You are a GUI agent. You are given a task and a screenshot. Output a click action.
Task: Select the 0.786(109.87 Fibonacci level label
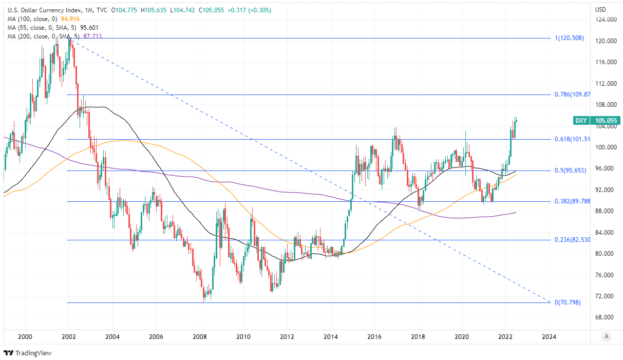point(569,94)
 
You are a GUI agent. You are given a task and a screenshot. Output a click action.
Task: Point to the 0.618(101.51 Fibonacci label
point(569,139)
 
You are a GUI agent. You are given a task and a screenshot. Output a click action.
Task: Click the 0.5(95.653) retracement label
point(571,170)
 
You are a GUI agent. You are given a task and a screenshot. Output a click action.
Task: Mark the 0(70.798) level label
point(568,302)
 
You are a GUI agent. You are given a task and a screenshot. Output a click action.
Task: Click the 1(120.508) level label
point(569,38)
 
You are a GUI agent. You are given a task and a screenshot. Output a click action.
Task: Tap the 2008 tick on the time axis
point(200,337)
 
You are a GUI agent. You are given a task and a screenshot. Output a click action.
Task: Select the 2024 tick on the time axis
point(549,337)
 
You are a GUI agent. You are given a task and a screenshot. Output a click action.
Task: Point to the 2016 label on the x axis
point(374,337)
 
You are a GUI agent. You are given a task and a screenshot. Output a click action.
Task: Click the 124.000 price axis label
point(606,20)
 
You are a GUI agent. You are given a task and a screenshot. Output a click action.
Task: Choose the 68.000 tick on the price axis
point(606,317)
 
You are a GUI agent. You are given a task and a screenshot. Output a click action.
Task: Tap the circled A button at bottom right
point(607,337)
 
